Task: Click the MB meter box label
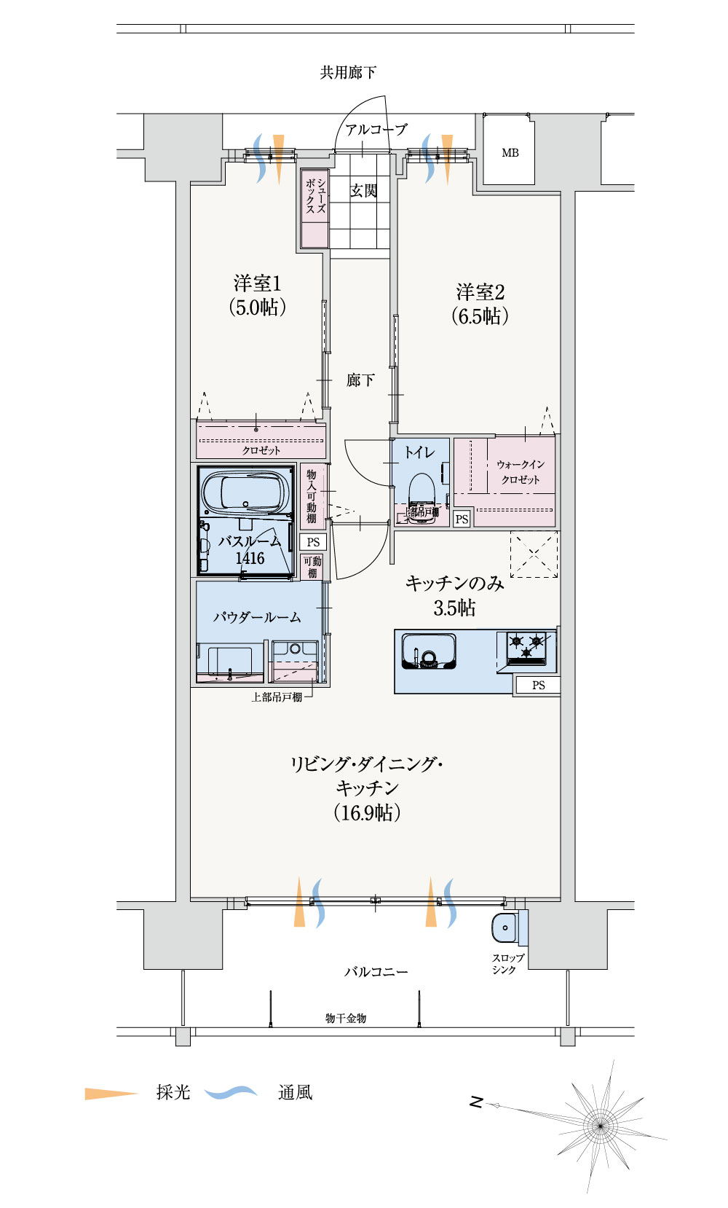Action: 510,153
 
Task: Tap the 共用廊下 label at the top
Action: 348,73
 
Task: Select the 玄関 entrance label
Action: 363,191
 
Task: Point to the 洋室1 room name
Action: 258,283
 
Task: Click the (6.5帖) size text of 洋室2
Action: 480,316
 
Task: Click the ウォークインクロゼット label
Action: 520,472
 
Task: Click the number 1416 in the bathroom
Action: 250,559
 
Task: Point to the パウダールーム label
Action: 256,618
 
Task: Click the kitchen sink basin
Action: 429,651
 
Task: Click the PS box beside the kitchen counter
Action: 538,685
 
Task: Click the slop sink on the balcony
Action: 505,928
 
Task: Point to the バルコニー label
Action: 376,972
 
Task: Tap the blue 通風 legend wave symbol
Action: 231,1092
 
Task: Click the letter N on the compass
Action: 476,1102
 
